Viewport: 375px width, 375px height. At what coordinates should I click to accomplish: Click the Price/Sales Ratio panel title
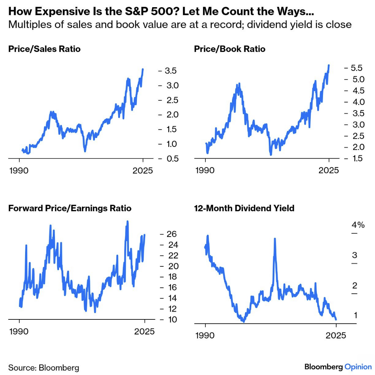[44, 49]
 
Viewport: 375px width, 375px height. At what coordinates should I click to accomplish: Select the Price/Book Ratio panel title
[230, 49]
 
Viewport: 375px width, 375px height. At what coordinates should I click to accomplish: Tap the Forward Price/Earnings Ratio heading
[70, 208]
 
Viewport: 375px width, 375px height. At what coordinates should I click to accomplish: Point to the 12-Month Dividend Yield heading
[244, 208]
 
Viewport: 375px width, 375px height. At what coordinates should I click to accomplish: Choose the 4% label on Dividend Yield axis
[358, 225]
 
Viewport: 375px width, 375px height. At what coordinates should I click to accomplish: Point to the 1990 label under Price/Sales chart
[18, 170]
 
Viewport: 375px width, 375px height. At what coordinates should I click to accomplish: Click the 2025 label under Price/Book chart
[329, 170]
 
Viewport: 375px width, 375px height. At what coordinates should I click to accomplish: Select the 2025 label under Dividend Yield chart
[336, 336]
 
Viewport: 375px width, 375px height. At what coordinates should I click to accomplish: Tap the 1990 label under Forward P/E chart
[18, 331]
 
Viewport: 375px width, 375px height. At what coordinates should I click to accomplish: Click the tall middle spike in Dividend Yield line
[275, 239]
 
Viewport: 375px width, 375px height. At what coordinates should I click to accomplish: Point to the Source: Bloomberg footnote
[43, 367]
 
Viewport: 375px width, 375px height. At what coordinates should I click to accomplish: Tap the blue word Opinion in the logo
[358, 367]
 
